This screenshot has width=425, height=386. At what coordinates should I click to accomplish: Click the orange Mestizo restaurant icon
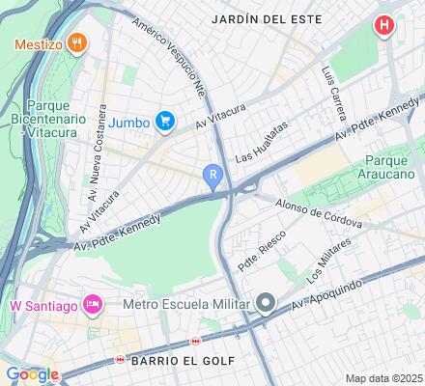[78, 43]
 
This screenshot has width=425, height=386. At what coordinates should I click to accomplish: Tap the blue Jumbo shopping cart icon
[166, 121]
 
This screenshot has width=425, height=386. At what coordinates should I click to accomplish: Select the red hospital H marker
[385, 25]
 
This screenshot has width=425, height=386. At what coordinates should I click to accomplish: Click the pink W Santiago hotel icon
[94, 306]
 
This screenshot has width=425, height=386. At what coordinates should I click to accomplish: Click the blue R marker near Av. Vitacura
[212, 174]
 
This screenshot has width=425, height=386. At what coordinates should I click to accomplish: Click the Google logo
[31, 374]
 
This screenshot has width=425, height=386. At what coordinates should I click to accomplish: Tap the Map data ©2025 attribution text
[384, 377]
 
